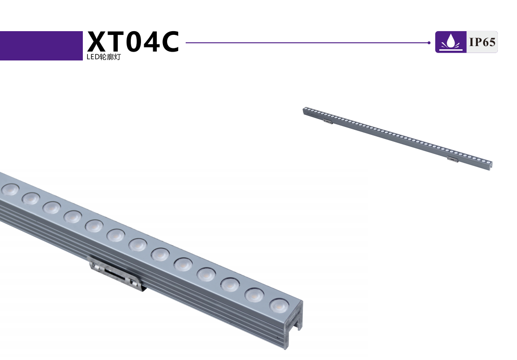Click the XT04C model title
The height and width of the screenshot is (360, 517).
pos(133,41)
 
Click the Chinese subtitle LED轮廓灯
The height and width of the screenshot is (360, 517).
pos(103,57)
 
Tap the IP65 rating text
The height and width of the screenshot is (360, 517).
pos(483,42)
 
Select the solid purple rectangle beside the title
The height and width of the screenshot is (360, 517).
pos(41,46)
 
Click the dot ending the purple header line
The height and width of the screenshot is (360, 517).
pos(429,42)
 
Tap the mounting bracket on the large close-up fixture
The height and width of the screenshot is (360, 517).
pos(118,273)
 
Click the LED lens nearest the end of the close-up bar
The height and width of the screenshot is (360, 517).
pos(279,305)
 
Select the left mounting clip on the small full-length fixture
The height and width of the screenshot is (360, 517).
pos(328,121)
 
